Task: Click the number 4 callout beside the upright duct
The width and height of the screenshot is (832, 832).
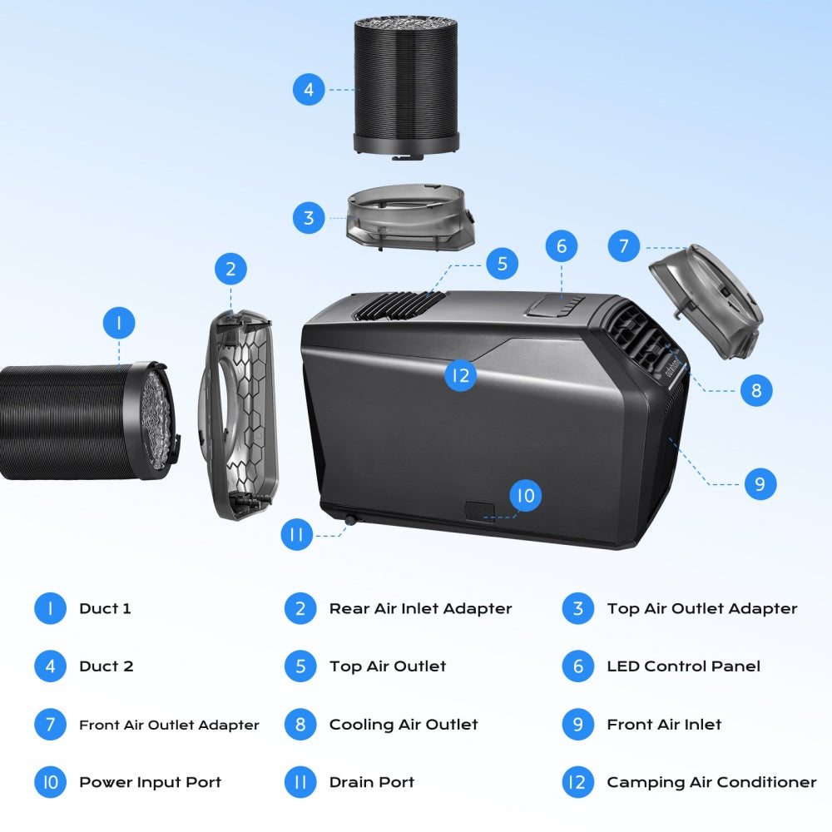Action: tap(309, 89)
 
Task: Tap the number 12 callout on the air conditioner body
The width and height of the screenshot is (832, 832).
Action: tap(459, 375)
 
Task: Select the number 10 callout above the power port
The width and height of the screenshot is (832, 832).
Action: tap(525, 497)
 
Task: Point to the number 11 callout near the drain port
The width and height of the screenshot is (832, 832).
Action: tap(296, 534)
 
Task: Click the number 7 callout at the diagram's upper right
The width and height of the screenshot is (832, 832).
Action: tap(624, 246)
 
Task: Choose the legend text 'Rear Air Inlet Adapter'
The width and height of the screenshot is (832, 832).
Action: tap(420, 609)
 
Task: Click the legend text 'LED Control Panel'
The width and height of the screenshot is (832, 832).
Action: tap(683, 666)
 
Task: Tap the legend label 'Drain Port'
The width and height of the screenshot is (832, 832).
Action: tap(371, 782)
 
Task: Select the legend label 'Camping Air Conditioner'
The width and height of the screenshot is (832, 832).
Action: tap(711, 782)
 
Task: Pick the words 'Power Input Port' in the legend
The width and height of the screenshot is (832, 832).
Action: tap(150, 782)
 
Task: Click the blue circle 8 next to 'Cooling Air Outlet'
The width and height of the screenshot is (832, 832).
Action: tap(300, 725)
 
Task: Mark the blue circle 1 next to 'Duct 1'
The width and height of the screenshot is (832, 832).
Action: tap(51, 609)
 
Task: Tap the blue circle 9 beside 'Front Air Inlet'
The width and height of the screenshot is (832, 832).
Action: tap(578, 725)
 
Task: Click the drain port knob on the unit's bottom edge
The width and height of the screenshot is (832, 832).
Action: tap(349, 519)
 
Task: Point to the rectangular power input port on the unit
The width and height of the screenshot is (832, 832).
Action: tap(479, 512)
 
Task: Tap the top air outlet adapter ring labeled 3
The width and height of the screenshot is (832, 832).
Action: tap(409, 218)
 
